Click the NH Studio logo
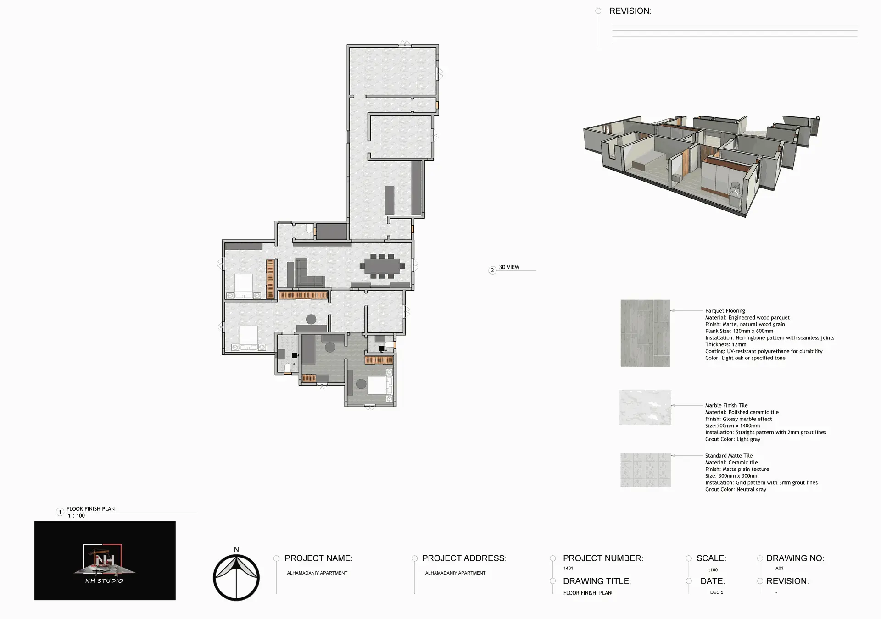[x=105, y=560]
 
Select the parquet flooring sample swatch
[x=645, y=333]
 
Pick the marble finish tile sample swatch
[x=645, y=408]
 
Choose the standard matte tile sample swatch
[x=646, y=470]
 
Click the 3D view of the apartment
[x=701, y=165]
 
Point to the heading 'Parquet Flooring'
[x=725, y=311]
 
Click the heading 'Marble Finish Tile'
[x=726, y=405]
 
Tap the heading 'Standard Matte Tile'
[x=729, y=456]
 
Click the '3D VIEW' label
[x=509, y=267]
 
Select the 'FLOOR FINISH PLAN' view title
[x=90, y=508]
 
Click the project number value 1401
[x=568, y=568]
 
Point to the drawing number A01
[x=779, y=568]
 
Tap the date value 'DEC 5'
[x=717, y=592]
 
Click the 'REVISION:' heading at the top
[x=630, y=11]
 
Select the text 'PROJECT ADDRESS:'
[x=464, y=558]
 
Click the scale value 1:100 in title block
[x=712, y=570]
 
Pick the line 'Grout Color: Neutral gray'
[x=736, y=490]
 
